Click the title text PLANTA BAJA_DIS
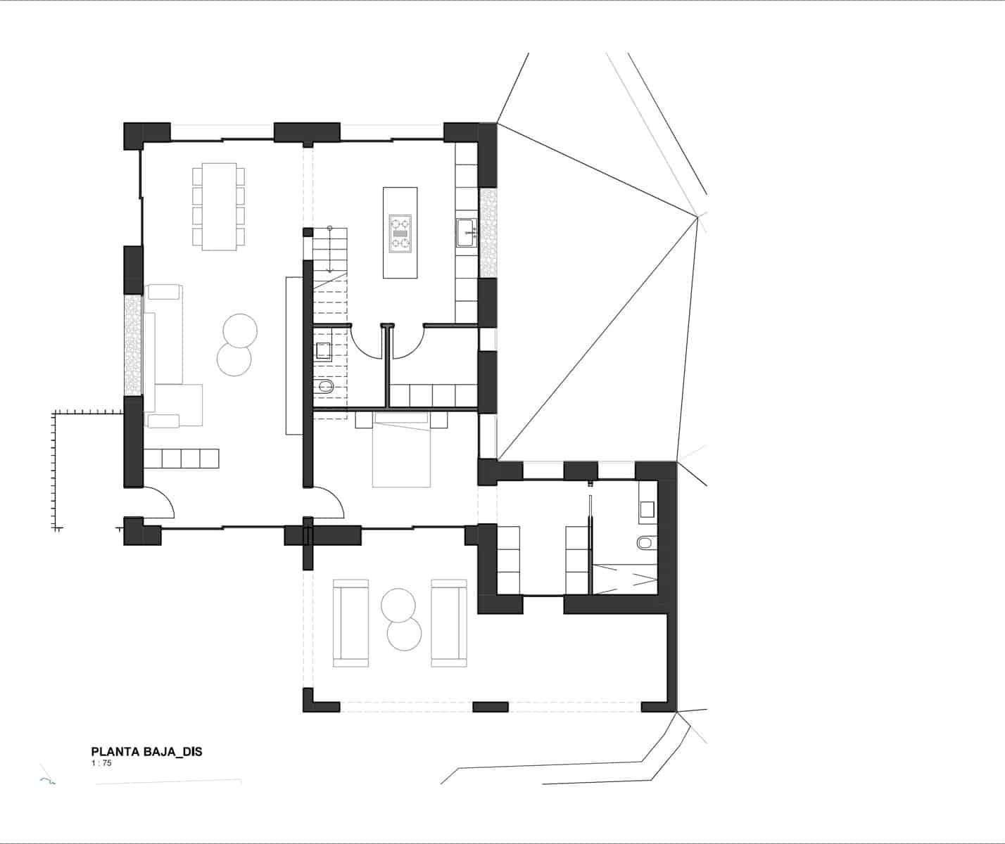pyautogui.click(x=146, y=752)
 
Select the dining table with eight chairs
pyautogui.click(x=219, y=206)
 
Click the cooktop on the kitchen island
pyautogui.click(x=400, y=233)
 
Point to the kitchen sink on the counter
pyautogui.click(x=466, y=233)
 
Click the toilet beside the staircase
pyautogui.click(x=326, y=388)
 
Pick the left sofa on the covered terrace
pyautogui.click(x=350, y=623)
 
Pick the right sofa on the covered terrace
pyautogui.click(x=449, y=623)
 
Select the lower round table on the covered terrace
pyautogui.click(x=405, y=635)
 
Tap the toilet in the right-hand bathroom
pyautogui.click(x=645, y=544)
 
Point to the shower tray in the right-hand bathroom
pyautogui.click(x=625, y=579)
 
